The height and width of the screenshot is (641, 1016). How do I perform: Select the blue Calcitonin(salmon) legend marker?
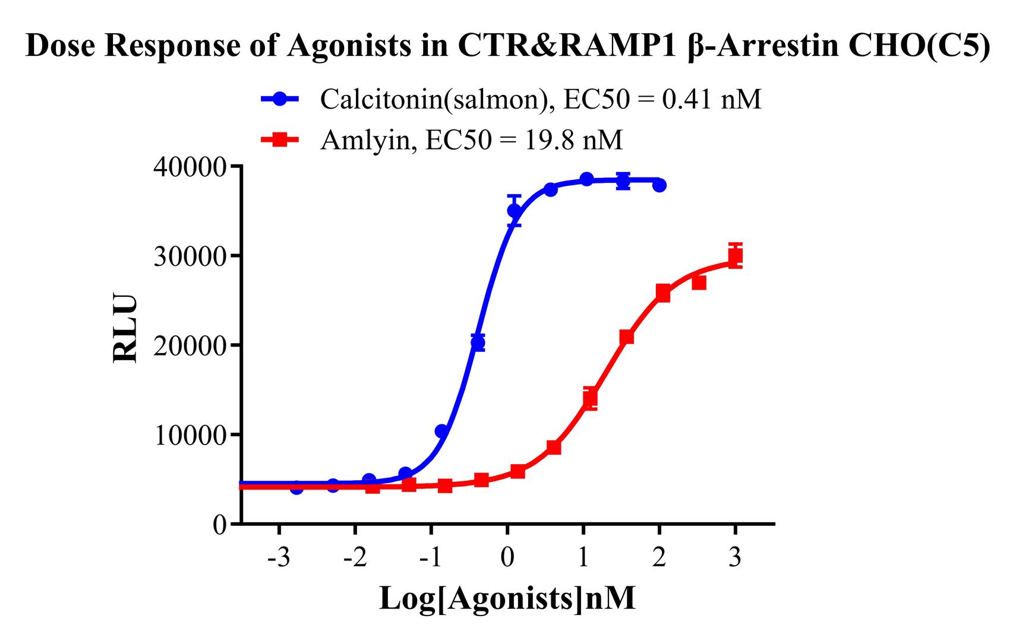tap(282, 99)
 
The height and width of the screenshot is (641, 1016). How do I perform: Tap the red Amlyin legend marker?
tap(282, 140)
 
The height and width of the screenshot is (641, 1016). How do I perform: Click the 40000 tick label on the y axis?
tap(190, 167)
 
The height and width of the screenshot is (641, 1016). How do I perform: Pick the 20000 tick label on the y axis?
tap(190, 346)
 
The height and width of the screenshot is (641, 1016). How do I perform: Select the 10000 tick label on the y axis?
tap(190, 435)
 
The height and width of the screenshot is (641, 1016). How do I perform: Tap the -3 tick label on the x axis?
tap(279, 559)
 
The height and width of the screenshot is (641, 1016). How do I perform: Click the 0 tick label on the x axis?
tap(507, 559)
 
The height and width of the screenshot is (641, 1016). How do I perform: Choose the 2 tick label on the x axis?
tap(659, 559)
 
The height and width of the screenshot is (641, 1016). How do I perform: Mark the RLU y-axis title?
tap(125, 328)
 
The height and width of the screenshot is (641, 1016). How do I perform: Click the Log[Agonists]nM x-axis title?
tap(507, 598)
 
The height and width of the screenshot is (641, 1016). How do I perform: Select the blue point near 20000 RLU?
tap(478, 342)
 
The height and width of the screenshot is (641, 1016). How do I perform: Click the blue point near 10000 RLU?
tap(441, 431)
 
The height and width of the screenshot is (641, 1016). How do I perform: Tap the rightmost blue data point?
tap(659, 185)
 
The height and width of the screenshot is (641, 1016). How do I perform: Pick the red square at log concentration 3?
tap(735, 256)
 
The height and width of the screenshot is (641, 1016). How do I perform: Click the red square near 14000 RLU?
tap(590, 398)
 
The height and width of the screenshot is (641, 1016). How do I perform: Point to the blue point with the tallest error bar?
tap(515, 211)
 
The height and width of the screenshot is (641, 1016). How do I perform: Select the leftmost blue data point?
tap(296, 488)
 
